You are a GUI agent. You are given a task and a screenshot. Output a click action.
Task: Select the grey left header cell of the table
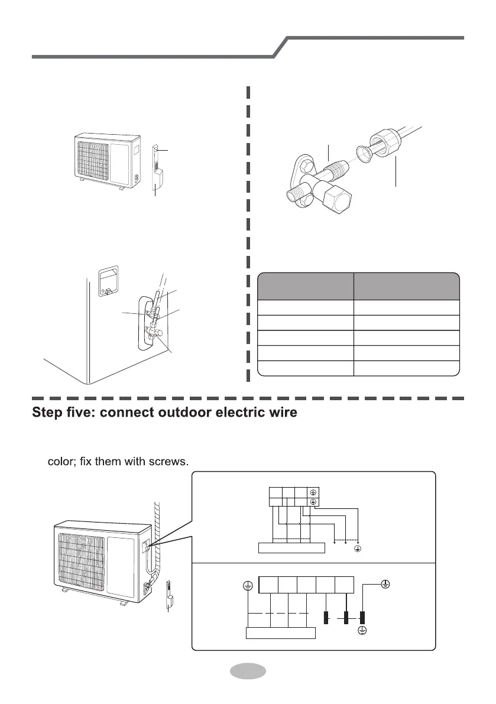coord(306,286)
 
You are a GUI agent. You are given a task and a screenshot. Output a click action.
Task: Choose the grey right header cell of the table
coord(407,286)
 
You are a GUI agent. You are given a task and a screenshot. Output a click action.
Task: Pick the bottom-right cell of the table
coord(407,368)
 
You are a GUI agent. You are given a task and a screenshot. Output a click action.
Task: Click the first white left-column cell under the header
coord(306,307)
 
